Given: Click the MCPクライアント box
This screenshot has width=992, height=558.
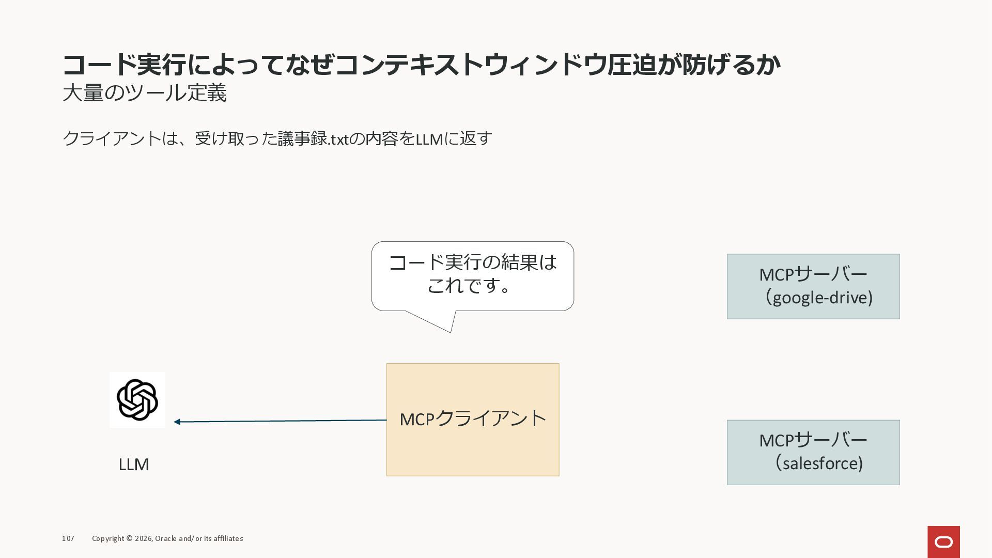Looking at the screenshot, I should pos(472,419).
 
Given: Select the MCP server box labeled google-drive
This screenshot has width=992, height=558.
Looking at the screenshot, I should pos(813,286).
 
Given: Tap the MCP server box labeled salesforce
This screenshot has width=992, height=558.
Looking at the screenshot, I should pos(813,452).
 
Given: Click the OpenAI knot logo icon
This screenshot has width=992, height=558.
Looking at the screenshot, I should pos(137,399).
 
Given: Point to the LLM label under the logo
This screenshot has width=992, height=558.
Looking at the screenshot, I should pos(134,464).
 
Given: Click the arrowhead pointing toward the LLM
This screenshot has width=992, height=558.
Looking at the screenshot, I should pos(177,422).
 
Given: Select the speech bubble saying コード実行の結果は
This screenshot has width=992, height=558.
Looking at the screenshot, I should pos(472,275).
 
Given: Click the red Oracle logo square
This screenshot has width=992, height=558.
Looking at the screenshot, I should pos(943,541).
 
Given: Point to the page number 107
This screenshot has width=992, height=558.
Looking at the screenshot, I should pos(68,538).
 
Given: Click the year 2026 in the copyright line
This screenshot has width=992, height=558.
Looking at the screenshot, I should pos(143,538).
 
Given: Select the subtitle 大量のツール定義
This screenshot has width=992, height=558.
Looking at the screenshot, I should pos(145,94).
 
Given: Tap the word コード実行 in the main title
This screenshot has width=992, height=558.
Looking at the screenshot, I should pos(124,65).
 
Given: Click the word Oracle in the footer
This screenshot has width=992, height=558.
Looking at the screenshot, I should pos(165,538).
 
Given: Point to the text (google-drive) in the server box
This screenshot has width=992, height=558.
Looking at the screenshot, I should pos(819,298).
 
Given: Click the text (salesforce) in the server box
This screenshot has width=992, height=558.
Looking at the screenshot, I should pos(819,463).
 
